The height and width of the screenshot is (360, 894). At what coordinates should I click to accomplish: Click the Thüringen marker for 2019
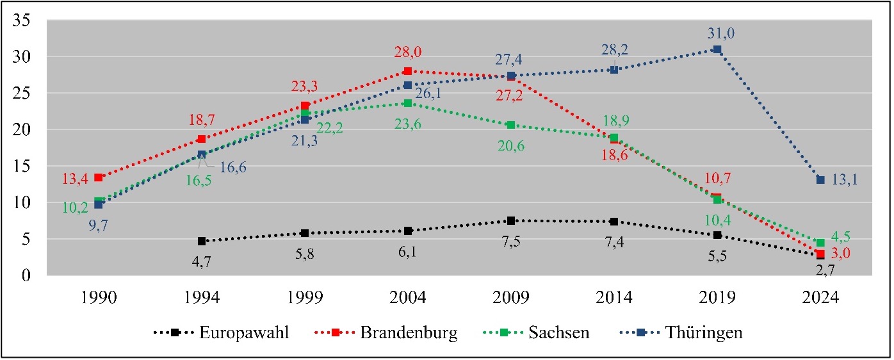pos(717,49)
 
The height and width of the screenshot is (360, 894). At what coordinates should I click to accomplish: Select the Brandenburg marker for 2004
pos(408,71)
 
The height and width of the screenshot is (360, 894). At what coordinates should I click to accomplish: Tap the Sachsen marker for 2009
pos(511,125)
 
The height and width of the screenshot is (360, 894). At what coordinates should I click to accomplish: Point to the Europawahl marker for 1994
pos(202,241)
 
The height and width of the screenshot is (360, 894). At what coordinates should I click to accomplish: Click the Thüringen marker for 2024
pos(820,180)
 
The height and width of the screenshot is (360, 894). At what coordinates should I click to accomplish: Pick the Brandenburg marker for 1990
pos(99,177)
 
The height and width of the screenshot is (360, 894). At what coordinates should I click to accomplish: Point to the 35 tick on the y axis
pos(22,20)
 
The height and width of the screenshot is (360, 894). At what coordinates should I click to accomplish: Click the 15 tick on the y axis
pos(22,166)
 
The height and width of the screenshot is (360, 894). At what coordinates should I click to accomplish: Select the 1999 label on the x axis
pos(305,299)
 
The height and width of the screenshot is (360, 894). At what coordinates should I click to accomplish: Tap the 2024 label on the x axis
pos(820,299)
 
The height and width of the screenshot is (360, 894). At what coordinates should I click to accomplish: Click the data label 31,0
pos(717,33)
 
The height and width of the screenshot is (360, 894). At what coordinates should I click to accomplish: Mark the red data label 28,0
pos(408,53)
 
